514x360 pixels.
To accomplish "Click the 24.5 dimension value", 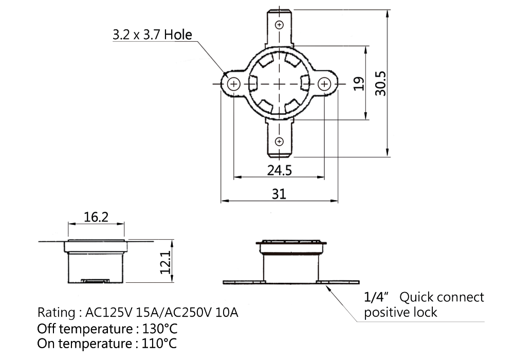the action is [x=279, y=171].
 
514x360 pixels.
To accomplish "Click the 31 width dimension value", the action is [x=279, y=194].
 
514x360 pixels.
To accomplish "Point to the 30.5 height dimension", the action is [x=380, y=84].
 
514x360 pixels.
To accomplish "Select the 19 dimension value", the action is [x=359, y=84].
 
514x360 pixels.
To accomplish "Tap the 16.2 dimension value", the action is [x=96, y=217].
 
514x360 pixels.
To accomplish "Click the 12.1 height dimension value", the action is [x=165, y=262].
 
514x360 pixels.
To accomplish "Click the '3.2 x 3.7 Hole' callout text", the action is [x=153, y=34].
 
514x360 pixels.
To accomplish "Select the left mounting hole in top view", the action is [x=234, y=84].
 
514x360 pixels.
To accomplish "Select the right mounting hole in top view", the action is [x=324, y=84].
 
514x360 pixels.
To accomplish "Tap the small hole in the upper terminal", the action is [x=279, y=25].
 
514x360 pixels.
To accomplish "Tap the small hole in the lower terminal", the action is [x=279, y=141].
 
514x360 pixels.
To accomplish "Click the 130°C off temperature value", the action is [x=160, y=329].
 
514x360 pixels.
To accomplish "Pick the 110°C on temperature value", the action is [x=159, y=344].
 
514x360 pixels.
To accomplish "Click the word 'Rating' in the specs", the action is [x=57, y=313].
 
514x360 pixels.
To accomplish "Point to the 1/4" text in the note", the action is [x=376, y=297].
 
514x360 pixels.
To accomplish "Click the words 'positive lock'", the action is [x=400, y=313].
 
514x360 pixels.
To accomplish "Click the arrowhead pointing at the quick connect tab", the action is [x=327, y=288].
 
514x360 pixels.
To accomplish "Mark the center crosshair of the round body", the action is [x=279, y=84].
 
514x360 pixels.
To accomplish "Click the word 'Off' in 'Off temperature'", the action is [x=47, y=329].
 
